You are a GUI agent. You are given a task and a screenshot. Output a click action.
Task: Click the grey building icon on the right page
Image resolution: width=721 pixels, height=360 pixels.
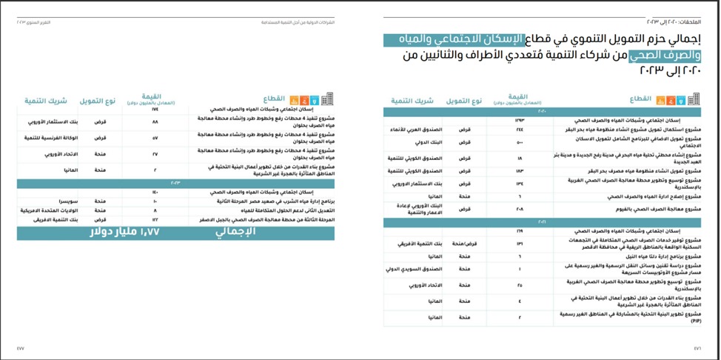[694, 99]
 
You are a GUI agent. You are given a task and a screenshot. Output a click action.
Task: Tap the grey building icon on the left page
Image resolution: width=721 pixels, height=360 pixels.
[327, 99]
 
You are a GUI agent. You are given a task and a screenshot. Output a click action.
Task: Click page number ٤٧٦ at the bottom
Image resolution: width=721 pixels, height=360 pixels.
[697, 347]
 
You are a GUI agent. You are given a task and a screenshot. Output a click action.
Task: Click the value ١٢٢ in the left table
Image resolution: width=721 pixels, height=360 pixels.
[155, 220]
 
